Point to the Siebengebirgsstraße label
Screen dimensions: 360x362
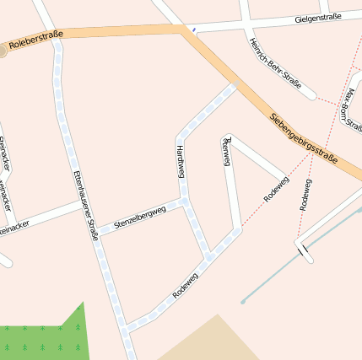pos(304,138)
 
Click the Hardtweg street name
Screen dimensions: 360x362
pos(180,160)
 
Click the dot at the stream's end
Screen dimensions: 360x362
pos(243,301)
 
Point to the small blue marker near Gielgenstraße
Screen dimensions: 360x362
pos(195,30)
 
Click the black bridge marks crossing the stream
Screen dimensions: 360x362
pos(302,250)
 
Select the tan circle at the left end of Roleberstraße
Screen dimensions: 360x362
pos(3,51)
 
